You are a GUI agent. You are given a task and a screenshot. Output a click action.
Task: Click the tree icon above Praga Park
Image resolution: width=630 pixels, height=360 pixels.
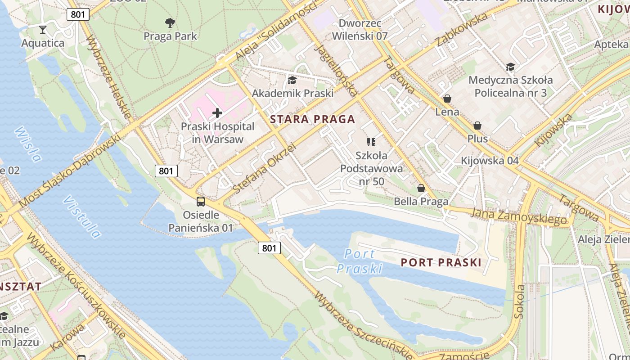(x=170, y=22)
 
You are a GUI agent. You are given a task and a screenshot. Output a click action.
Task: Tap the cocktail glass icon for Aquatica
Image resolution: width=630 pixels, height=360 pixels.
(x=43, y=30)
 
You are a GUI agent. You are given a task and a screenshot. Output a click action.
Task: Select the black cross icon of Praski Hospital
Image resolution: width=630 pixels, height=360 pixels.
(x=217, y=113)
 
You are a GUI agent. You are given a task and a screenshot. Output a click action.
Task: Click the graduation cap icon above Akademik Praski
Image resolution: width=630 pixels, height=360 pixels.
(x=292, y=80)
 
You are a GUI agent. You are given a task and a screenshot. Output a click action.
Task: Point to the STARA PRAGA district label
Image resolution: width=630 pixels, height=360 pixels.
(x=313, y=119)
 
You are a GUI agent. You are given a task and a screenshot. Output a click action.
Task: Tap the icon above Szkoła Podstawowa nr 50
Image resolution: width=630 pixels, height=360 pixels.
(x=371, y=142)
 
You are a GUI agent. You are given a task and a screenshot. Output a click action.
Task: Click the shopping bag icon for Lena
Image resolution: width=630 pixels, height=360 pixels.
(x=447, y=99)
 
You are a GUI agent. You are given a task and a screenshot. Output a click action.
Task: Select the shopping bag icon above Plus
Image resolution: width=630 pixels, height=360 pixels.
(x=477, y=126)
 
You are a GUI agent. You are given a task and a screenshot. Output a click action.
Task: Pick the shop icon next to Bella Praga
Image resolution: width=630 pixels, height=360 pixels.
(x=421, y=188)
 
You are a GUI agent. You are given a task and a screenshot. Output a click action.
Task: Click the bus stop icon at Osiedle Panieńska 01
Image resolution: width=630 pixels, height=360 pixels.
(x=201, y=202)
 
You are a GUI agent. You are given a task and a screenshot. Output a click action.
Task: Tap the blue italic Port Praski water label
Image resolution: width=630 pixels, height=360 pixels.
(x=360, y=261)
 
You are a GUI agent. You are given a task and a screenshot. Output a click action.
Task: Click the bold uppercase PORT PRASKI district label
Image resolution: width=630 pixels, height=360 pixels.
(x=441, y=262)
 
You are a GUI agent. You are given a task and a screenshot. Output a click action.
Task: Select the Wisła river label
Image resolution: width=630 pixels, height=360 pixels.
(x=28, y=144)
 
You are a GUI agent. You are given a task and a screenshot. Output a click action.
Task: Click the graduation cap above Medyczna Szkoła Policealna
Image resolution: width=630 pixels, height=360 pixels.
(x=510, y=67)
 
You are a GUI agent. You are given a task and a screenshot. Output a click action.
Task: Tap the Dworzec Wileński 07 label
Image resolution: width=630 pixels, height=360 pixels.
(x=360, y=30)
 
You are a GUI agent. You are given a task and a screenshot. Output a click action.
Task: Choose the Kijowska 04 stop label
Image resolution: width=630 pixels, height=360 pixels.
(x=490, y=161)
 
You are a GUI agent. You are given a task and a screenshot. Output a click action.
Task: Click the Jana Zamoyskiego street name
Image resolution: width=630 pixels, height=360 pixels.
(x=518, y=215)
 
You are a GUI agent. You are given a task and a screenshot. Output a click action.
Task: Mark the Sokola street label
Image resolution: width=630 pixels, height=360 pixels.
(x=520, y=301)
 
